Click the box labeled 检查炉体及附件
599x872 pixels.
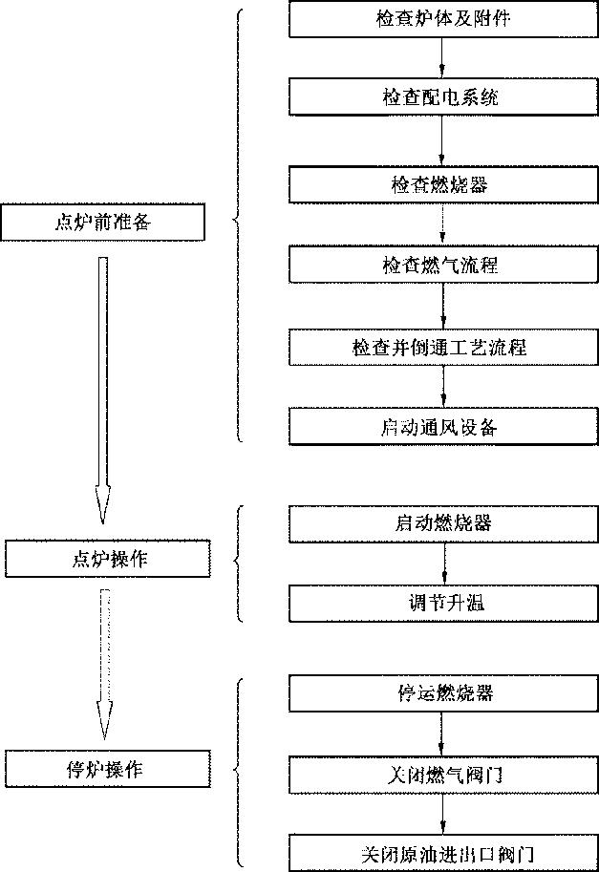443,19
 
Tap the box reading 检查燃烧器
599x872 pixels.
443,183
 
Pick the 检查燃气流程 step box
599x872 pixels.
443,264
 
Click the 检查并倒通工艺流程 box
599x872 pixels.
443,347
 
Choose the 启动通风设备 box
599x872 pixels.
443,426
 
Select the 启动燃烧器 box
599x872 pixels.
443,523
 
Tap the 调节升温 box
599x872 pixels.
443,604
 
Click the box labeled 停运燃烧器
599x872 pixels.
443,692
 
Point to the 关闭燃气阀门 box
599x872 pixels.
443,774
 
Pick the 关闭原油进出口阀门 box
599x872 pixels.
443,851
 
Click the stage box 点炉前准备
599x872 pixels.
103,223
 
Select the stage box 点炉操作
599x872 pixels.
107,559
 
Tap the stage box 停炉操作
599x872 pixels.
107,769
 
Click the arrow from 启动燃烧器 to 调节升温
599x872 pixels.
443,564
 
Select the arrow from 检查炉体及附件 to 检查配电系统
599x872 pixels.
443,58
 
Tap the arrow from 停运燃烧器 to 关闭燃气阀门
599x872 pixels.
443,734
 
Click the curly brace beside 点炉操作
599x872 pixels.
239,564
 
